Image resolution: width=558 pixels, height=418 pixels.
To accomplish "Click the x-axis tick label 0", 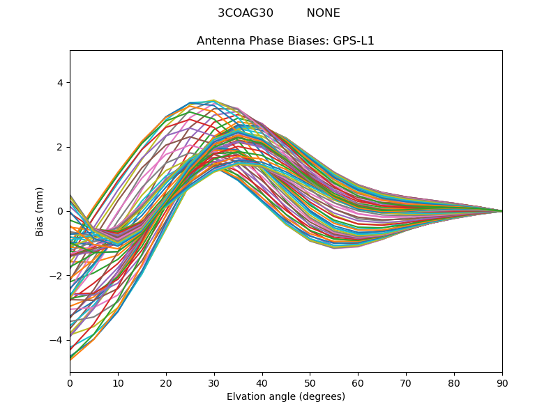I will [x=70, y=382].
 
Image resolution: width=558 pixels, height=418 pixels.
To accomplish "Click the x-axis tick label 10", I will [x=118, y=382].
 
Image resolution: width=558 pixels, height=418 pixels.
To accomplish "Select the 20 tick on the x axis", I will [x=166, y=382].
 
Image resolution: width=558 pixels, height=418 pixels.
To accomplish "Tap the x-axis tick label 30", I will [x=214, y=382].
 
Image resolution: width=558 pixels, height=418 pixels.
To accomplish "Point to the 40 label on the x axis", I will [x=262, y=382].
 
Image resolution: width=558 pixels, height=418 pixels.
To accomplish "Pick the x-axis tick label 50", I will [x=310, y=382].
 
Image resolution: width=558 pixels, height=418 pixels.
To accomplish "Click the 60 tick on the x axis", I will [x=358, y=382].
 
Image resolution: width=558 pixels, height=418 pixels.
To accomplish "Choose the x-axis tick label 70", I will [x=406, y=382].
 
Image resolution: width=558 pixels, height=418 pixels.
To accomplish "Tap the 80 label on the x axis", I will [x=454, y=382].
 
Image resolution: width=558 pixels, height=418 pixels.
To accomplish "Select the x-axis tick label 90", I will [x=502, y=382].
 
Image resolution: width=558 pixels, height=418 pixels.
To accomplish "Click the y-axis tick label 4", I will [x=60, y=83].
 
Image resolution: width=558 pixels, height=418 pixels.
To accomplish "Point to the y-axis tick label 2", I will [x=60, y=147].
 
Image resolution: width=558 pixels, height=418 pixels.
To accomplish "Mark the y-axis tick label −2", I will [x=57, y=276].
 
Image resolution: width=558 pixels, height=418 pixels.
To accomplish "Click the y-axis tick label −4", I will [x=57, y=340].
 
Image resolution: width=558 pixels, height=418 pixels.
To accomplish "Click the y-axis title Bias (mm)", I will [x=40, y=211].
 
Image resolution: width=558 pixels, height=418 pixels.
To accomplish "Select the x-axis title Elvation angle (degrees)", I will [x=286, y=396].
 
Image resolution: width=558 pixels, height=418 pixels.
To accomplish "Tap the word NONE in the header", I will [x=324, y=13].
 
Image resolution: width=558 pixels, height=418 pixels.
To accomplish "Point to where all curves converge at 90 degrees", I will [x=502, y=211].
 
